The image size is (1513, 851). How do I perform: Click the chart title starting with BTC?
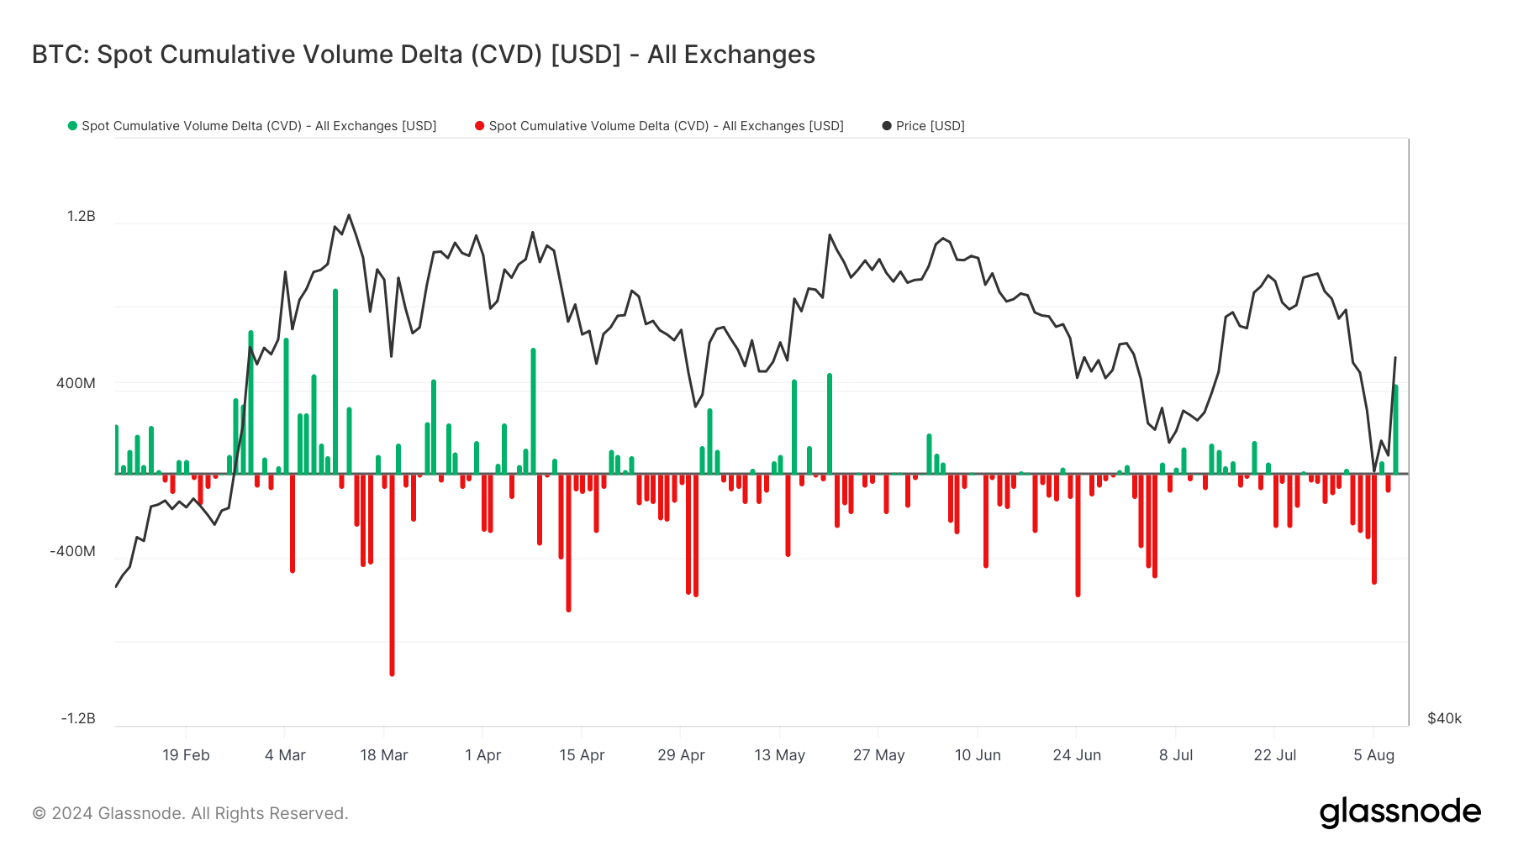(423, 55)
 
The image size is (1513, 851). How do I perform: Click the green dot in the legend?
(73, 126)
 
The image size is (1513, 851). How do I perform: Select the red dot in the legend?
(480, 126)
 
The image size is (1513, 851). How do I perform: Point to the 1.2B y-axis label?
(82, 217)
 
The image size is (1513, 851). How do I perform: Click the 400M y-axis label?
(76, 384)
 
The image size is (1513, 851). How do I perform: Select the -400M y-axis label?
(72, 552)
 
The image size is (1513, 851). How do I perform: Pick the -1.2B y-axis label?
(78, 718)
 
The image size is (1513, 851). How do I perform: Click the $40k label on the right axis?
(1444, 718)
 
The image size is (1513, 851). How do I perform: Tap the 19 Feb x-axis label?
(186, 755)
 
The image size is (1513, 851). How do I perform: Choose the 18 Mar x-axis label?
(384, 755)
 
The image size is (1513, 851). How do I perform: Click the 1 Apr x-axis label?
(482, 755)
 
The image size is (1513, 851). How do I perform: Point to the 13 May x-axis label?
(780, 755)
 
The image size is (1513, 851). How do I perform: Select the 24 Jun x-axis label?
(1077, 755)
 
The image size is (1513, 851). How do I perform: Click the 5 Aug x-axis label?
(1373, 755)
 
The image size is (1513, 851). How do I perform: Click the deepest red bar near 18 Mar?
(392, 588)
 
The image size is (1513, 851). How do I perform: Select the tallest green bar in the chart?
(335, 378)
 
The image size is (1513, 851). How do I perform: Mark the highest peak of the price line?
(349, 215)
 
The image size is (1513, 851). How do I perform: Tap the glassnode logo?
(1400, 812)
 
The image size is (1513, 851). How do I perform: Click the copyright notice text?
(190, 813)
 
